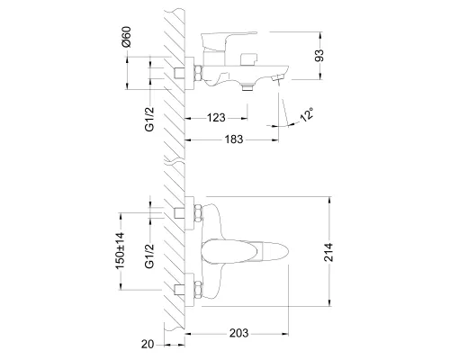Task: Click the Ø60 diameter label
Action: [127, 37]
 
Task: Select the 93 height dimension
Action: [319, 56]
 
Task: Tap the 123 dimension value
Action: [216, 118]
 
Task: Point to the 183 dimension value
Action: [234, 139]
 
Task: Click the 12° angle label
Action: [307, 114]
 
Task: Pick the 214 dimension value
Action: [328, 252]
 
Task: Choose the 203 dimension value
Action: [238, 333]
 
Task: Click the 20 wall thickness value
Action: [148, 344]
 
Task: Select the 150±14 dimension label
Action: [120, 251]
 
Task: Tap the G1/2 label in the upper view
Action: [149, 119]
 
